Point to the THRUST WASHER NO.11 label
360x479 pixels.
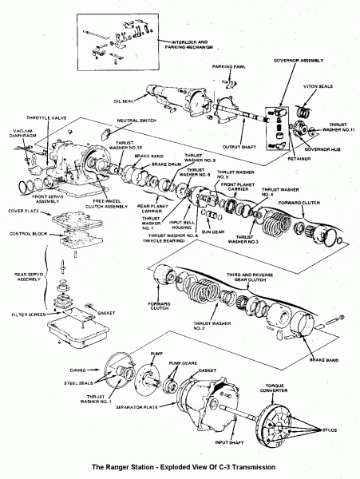[x=340, y=127]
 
